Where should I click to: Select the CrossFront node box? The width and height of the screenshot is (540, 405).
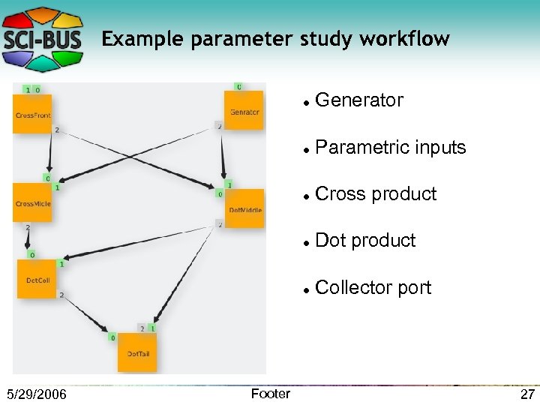coord(32,114)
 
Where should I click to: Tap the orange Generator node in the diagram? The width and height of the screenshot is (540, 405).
coord(244,111)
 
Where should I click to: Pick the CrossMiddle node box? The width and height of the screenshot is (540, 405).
coord(32,202)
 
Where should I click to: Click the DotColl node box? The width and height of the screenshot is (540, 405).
coord(37,279)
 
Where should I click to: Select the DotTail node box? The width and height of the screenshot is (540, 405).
coord(137,352)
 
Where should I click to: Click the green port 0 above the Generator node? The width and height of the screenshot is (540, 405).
coord(238,87)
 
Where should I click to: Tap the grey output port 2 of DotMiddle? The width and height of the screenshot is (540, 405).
coord(219,224)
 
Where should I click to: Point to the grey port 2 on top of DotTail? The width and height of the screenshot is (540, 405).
coord(142,328)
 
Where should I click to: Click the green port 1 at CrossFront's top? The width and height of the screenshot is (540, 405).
coord(28,90)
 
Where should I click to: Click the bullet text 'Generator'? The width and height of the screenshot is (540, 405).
coord(359,100)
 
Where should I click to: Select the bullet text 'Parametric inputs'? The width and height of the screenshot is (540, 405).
coord(391,147)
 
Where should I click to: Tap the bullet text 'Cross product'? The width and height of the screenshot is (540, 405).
coord(376,193)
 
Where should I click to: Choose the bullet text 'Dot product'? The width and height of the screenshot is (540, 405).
coord(365,241)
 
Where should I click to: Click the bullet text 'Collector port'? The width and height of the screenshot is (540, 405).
coord(373,287)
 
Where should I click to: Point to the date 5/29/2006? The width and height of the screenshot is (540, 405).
coord(36,394)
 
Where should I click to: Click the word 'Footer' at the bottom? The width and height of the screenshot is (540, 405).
coord(270,394)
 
